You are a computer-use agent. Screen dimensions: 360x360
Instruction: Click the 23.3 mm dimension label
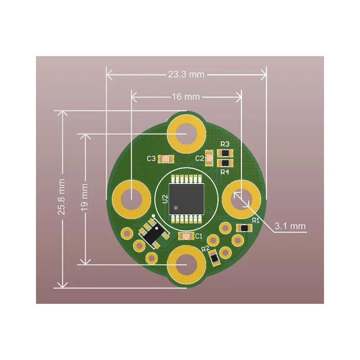186,75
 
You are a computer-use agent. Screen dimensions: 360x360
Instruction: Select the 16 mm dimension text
186,96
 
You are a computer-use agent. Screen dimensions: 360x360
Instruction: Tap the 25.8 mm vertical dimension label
61,197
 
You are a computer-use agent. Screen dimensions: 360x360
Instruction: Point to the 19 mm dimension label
84,197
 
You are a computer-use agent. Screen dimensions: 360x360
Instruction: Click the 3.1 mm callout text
290,226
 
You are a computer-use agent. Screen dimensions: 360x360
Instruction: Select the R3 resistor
225,153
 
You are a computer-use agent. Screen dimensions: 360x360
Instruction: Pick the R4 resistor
225,163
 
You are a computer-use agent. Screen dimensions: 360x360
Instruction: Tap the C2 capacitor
209,158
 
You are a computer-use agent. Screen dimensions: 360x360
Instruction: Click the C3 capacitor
166,159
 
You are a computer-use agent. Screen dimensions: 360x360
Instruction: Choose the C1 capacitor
186,236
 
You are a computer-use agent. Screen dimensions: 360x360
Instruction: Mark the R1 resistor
244,228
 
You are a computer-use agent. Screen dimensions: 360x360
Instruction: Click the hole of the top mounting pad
186,134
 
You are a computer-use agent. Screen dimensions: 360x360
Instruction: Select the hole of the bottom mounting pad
186,265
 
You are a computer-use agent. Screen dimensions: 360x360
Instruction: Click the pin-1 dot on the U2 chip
176,208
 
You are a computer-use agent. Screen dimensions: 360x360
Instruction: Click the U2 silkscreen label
165,199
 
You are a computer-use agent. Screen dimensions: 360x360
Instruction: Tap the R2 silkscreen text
206,249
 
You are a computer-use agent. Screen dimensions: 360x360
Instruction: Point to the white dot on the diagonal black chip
157,229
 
